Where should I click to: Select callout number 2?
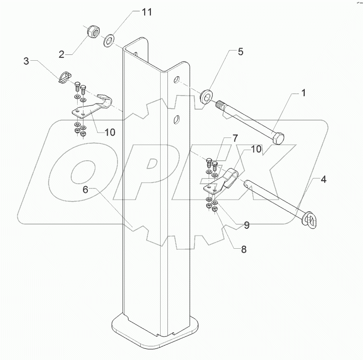click(x=62, y=54)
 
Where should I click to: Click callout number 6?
click(x=86, y=190)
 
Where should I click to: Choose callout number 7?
click(x=235, y=138)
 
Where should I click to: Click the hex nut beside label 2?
click(x=92, y=32)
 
